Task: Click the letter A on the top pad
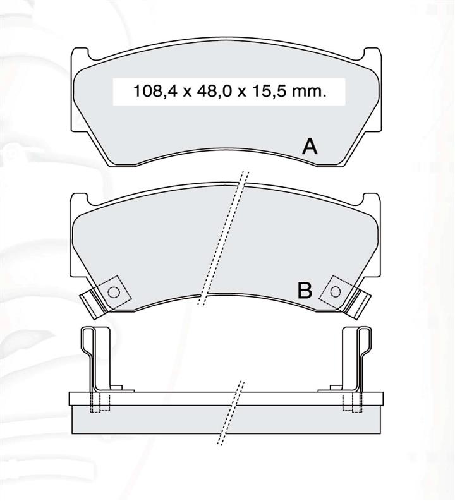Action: (310, 147)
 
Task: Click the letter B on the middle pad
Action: (305, 290)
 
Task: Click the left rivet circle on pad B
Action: (114, 292)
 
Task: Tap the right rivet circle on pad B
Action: (335, 291)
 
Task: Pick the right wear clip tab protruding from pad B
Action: (358, 304)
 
